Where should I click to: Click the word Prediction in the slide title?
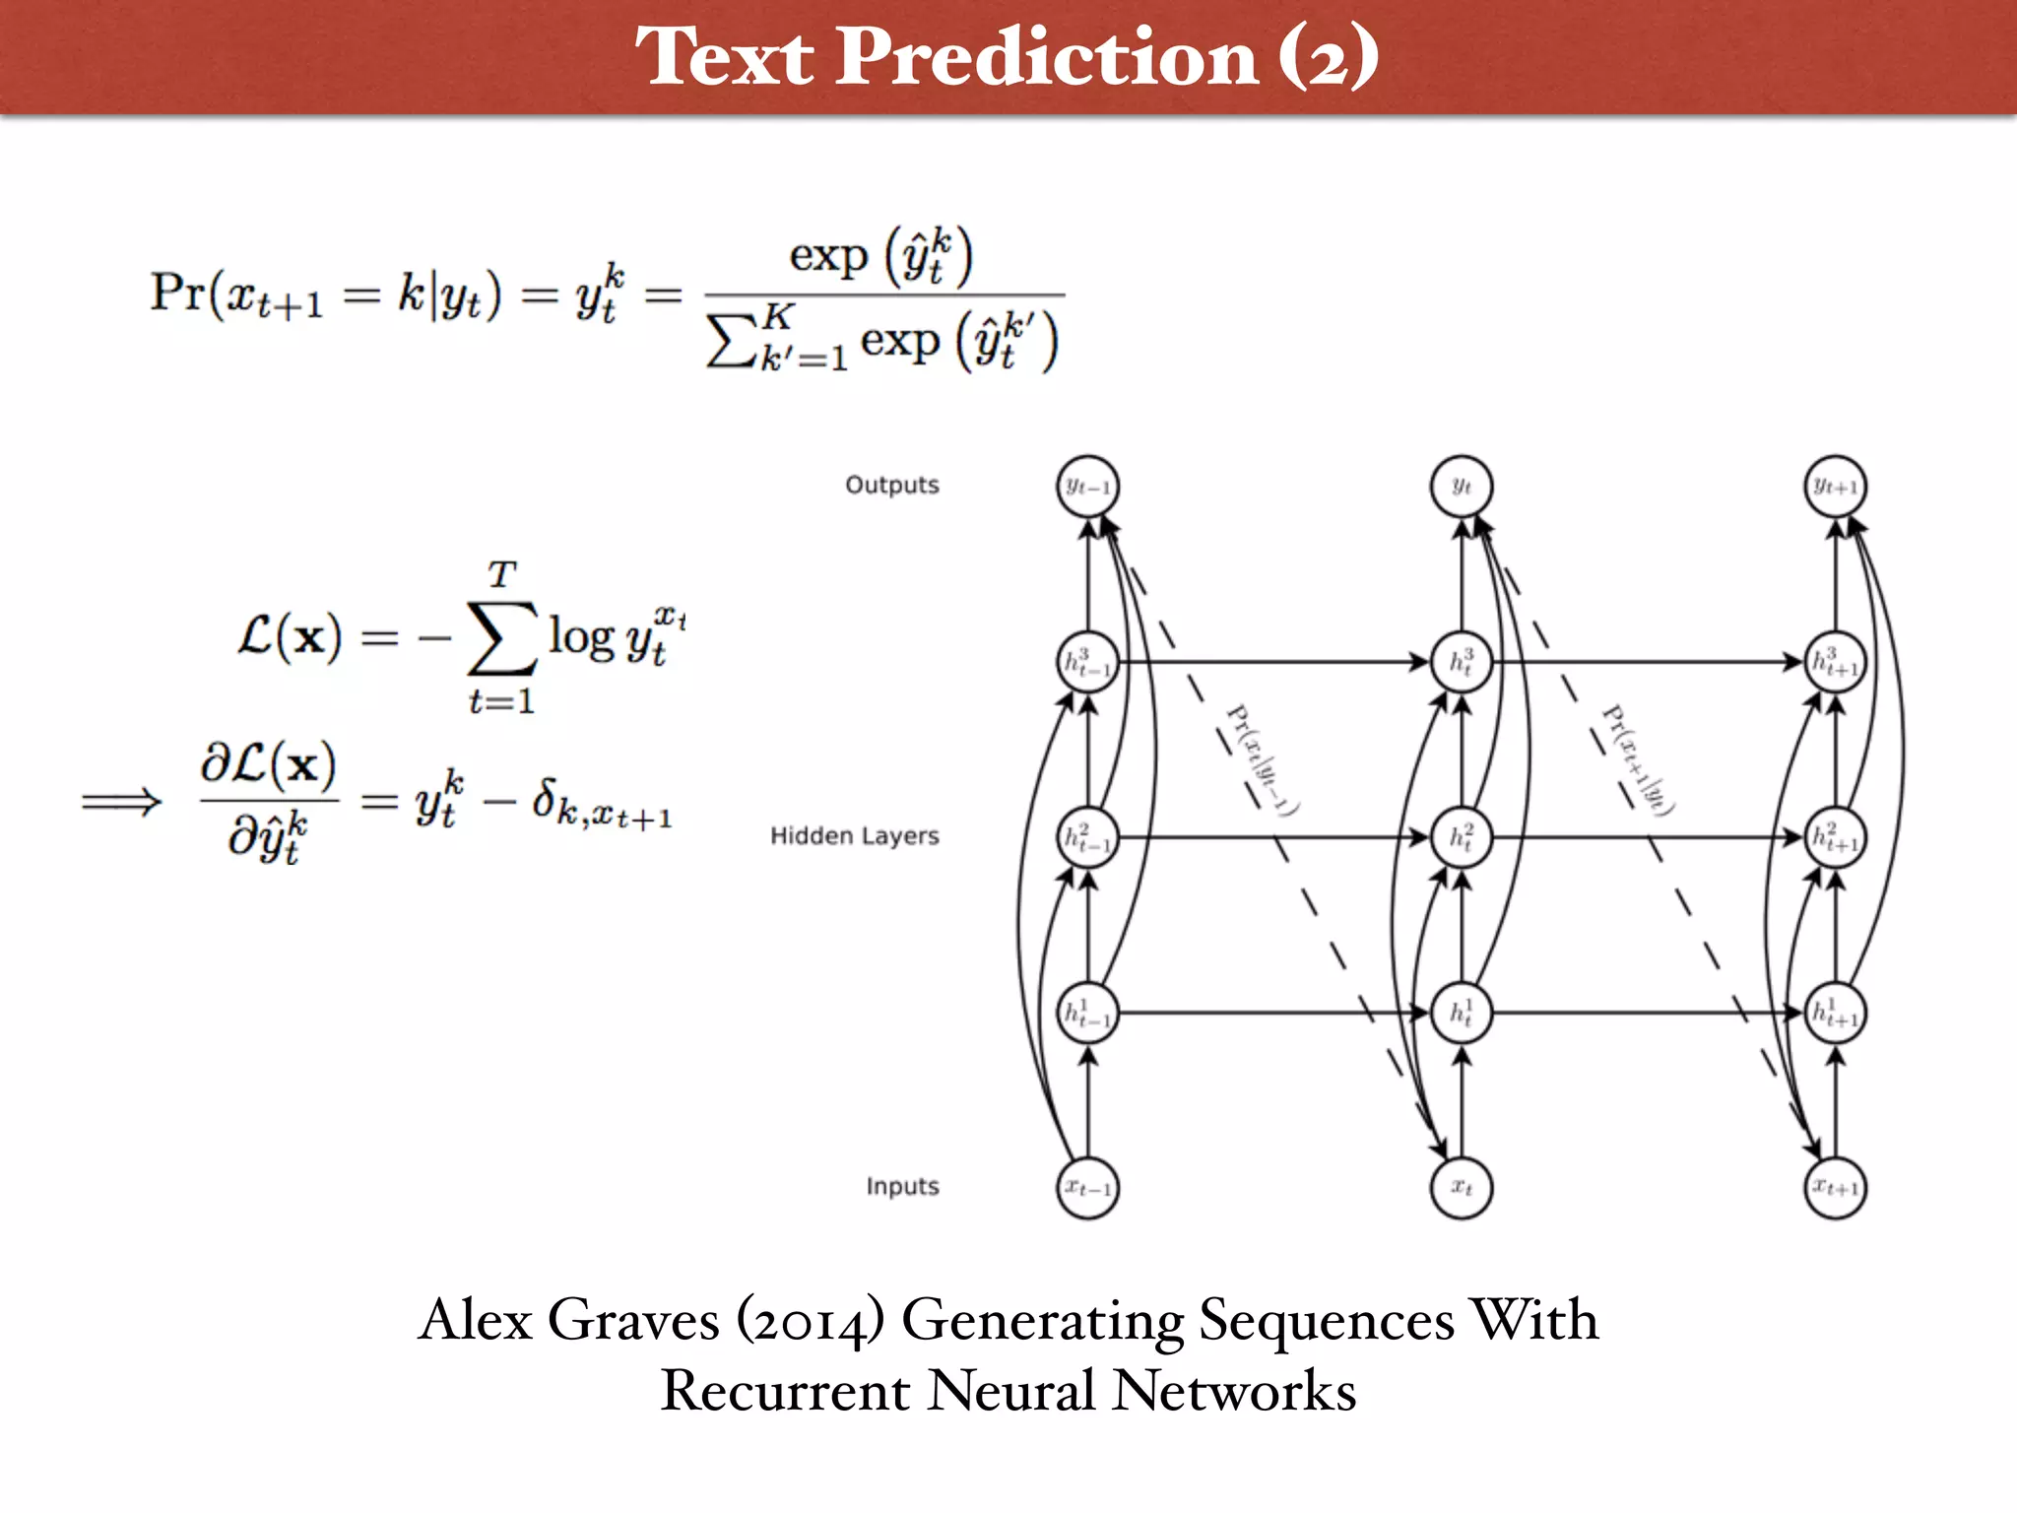(x=1047, y=57)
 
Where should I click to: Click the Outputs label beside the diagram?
(x=891, y=486)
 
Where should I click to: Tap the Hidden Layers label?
(x=854, y=836)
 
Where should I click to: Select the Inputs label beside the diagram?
(x=902, y=1187)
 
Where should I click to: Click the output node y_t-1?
(x=1087, y=487)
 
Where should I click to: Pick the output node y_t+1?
(x=1835, y=487)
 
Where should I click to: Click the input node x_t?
(x=1462, y=1188)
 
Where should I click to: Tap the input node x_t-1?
(x=1087, y=1188)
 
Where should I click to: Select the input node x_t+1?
(x=1835, y=1188)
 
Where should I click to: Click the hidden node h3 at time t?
(x=1462, y=662)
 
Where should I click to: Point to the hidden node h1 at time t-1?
(x=1087, y=1013)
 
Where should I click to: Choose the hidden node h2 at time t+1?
(x=1835, y=837)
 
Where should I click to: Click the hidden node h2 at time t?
(x=1462, y=837)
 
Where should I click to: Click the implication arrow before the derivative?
(x=121, y=801)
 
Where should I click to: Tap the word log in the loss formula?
(x=581, y=637)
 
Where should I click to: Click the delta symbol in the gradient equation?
(x=544, y=798)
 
